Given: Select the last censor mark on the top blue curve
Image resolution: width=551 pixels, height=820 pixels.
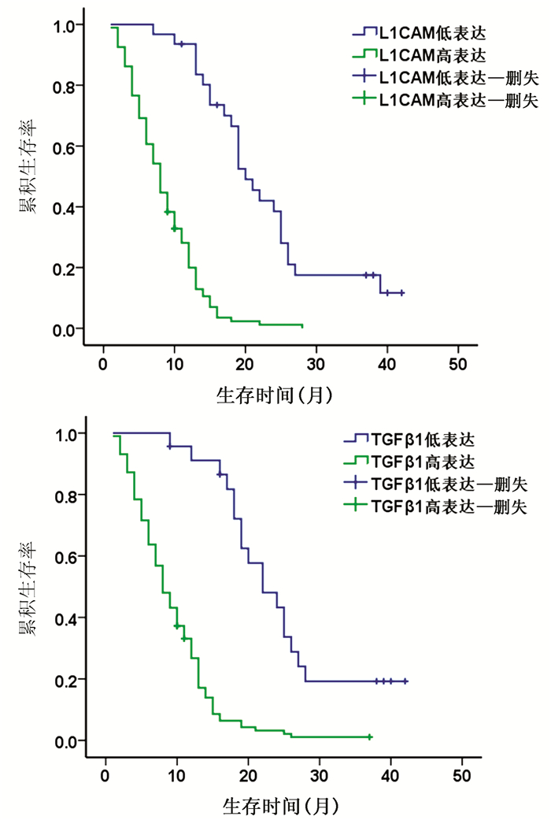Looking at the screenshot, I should pos(401,293).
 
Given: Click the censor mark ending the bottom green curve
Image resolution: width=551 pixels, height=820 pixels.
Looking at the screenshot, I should pos(369,737).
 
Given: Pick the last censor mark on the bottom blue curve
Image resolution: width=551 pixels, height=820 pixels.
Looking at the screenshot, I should pos(405,681).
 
